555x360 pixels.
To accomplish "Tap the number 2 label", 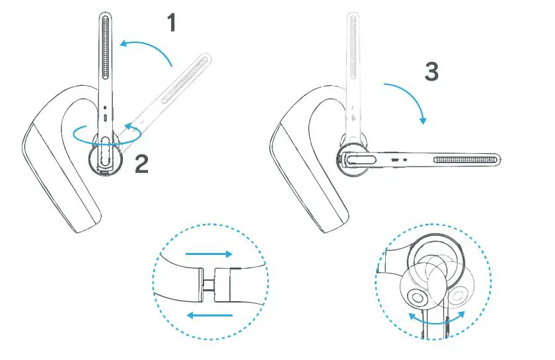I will pyautogui.click(x=141, y=162).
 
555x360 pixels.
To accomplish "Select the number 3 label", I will pyautogui.click(x=431, y=71).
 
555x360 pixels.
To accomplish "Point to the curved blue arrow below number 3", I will pyautogui.click(x=408, y=99).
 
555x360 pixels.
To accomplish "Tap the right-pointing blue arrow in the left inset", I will pyautogui.click(x=208, y=254).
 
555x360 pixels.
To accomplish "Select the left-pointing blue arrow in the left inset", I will pyautogui.click(x=209, y=315).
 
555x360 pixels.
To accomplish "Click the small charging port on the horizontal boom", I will pyautogui.click(x=394, y=159).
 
